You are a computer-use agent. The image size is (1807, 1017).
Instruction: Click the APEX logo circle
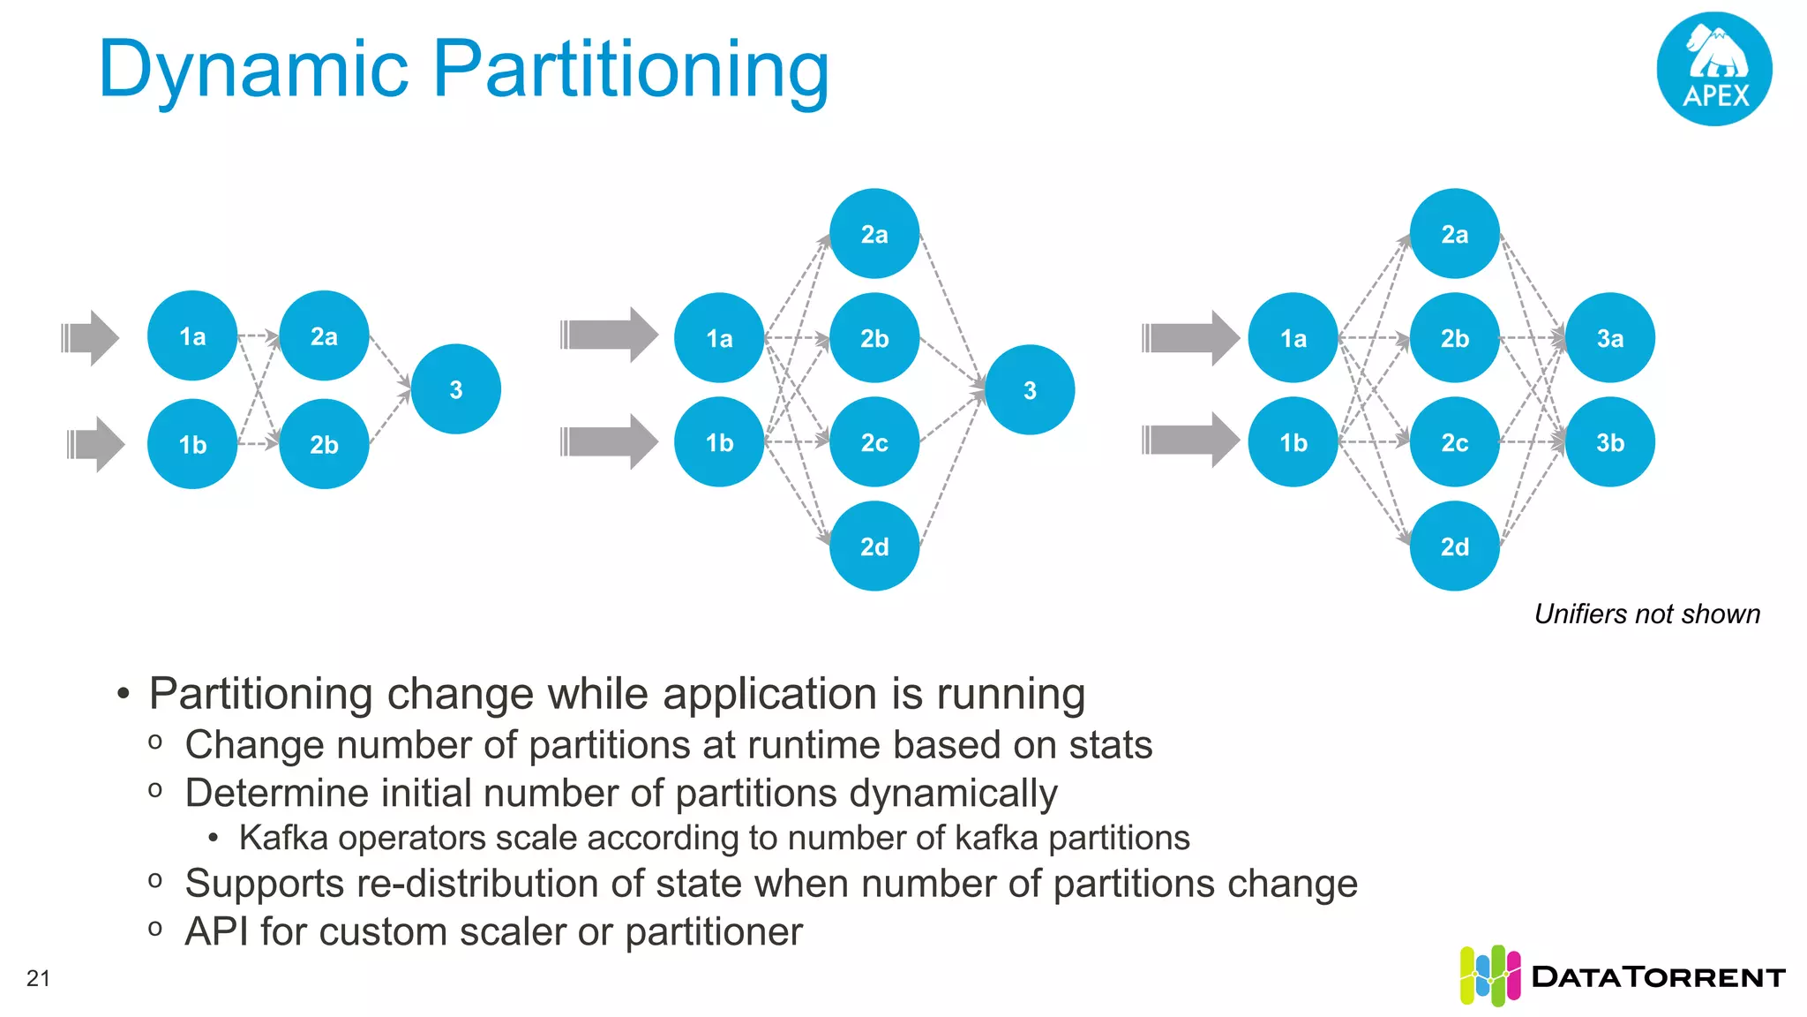[1714, 69]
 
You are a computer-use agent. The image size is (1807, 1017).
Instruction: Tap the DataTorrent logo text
[1658, 977]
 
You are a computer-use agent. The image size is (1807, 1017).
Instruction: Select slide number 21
[38, 978]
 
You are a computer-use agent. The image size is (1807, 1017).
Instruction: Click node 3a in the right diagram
[1609, 338]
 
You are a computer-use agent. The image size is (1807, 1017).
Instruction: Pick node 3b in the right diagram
[1609, 442]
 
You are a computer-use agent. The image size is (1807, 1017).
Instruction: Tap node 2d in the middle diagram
[874, 546]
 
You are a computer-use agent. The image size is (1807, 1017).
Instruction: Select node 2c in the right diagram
[1454, 442]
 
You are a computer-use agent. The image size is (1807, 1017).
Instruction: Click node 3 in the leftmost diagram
[456, 389]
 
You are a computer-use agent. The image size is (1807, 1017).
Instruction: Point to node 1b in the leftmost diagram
[192, 444]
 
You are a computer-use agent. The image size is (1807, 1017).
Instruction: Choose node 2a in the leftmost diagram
[324, 336]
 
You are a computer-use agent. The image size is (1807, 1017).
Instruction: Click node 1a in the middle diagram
[719, 338]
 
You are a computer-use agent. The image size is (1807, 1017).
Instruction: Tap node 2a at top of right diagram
[1454, 234]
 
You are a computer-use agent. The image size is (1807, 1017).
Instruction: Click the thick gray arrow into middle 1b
[609, 441]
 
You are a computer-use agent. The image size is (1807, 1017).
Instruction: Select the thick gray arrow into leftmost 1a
[90, 337]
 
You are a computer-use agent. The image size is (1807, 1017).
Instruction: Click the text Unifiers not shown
[1646, 614]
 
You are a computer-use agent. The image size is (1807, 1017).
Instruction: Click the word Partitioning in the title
[630, 71]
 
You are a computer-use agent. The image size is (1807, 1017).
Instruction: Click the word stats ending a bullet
[1110, 745]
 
